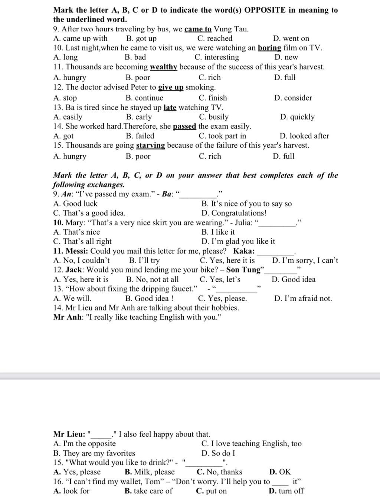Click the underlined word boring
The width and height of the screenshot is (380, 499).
269,48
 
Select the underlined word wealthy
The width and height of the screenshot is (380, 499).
164,67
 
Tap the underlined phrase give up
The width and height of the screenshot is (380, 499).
171,88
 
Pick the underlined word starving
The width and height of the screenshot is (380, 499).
150,146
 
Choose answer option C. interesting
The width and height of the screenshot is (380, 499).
217,57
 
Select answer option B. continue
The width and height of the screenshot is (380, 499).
144,98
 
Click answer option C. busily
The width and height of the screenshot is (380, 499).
214,117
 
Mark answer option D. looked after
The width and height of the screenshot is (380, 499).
304,136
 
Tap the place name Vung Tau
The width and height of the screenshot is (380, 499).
231,29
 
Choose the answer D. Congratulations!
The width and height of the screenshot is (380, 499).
234,213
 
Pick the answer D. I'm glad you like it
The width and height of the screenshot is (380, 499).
238,242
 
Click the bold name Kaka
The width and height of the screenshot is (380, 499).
244,251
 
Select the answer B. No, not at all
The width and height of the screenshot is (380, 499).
152,280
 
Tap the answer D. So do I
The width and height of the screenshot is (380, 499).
218,453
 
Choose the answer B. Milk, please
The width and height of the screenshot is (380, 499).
150,472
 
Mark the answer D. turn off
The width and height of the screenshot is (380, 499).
286,491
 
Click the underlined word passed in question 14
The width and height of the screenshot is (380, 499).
184,127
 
